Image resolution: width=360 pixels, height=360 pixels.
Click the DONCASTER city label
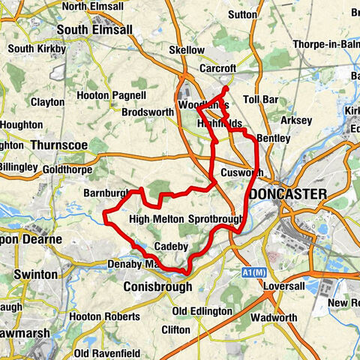(289, 195)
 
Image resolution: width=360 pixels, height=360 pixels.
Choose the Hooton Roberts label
(103, 317)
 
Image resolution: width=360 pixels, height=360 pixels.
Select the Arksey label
(293, 120)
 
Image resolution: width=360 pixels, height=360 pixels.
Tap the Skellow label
(187, 50)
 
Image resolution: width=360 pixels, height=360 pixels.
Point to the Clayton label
(47, 101)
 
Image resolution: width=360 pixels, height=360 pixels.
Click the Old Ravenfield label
(103, 352)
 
